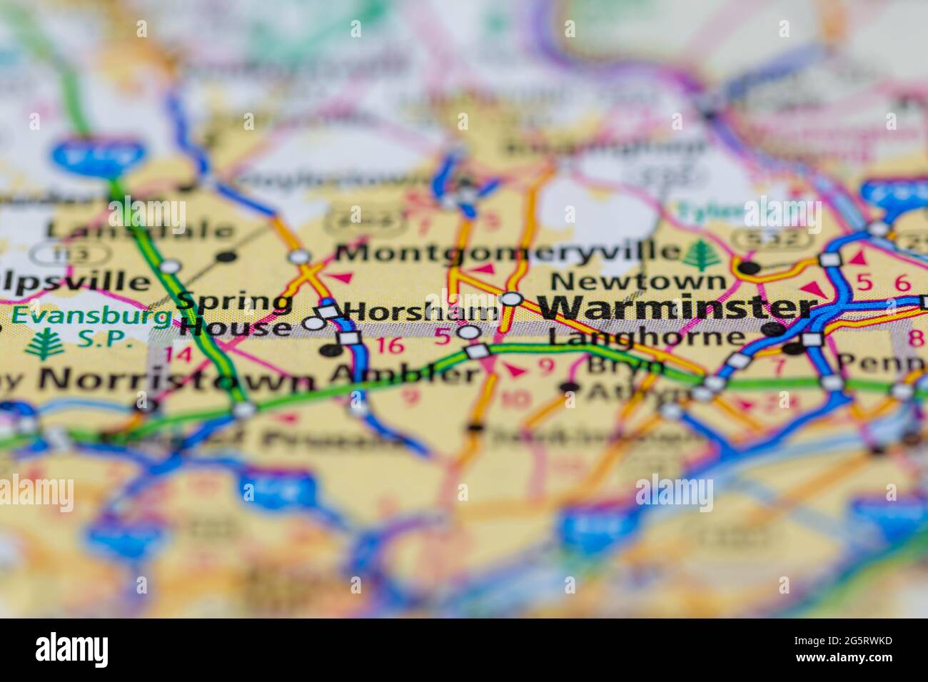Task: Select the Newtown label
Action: pyautogui.click(x=638, y=280)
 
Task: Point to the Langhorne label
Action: pyautogui.click(x=645, y=337)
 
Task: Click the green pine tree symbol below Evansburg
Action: pyautogui.click(x=44, y=343)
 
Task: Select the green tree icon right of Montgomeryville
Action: pyautogui.click(x=705, y=254)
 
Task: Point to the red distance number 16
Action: pyautogui.click(x=390, y=346)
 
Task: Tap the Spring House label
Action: pyautogui.click(x=236, y=315)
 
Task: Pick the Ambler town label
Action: pyautogui.click(x=404, y=374)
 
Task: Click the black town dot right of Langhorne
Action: pyautogui.click(x=771, y=330)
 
